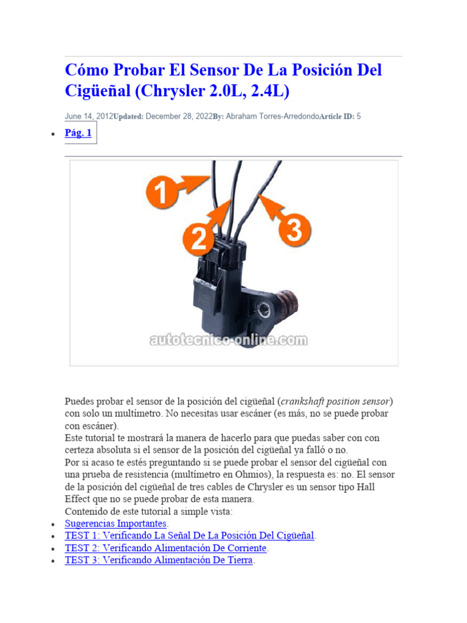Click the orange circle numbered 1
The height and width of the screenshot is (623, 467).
(x=160, y=194)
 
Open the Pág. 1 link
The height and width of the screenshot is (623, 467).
(x=78, y=133)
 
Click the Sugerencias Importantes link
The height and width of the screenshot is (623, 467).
(x=116, y=524)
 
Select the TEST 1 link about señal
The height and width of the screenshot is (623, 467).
(x=190, y=536)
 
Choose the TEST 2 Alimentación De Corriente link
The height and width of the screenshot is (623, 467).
(x=166, y=548)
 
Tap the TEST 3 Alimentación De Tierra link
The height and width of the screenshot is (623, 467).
(x=159, y=560)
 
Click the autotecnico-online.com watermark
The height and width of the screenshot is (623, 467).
(x=229, y=341)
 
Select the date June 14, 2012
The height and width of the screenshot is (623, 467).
(x=89, y=116)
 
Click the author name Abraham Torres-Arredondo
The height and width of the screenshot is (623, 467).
(x=272, y=116)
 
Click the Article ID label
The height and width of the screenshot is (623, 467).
(x=336, y=116)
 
